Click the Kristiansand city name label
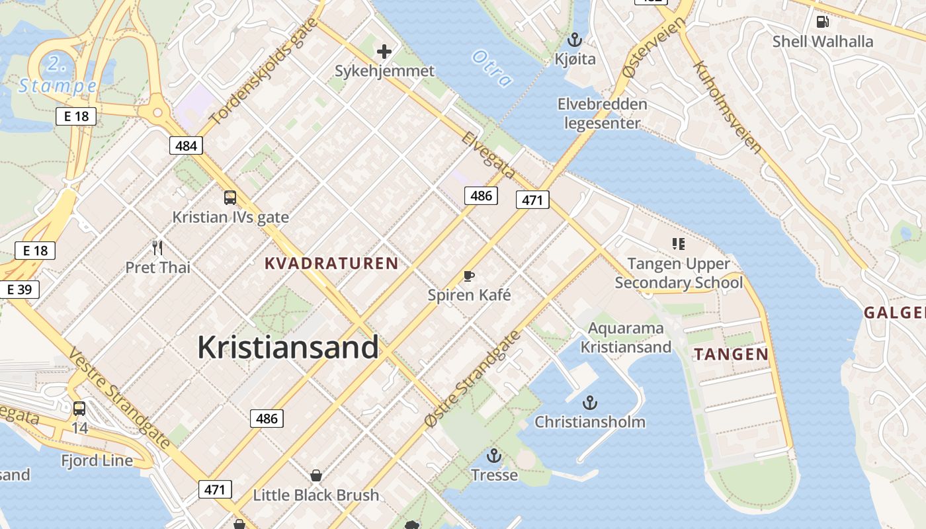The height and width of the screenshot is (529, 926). tap(288, 347)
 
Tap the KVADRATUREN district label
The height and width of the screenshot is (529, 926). tap(331, 263)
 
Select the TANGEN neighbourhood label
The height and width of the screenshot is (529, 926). tap(731, 354)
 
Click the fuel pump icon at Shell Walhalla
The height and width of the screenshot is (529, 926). tap(823, 21)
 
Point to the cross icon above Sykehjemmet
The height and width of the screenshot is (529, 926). tap(384, 51)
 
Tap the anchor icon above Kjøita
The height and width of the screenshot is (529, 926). tap(575, 40)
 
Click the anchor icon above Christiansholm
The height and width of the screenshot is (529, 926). tap(589, 402)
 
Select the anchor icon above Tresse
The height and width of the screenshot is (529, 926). tap(494, 456)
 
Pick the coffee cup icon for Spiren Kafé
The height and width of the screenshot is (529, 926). tap(469, 276)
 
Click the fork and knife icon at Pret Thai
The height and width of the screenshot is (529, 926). tap(157, 248)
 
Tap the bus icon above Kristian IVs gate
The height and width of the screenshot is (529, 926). tap(230, 197)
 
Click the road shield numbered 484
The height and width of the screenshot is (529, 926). tap(186, 145)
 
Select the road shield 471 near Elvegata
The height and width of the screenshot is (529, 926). tap(532, 200)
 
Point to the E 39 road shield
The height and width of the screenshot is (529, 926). tap(19, 290)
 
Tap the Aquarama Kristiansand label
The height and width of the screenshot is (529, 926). tap(626, 337)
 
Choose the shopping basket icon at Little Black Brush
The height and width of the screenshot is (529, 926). tap(316, 475)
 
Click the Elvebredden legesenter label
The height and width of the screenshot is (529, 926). tap(602, 113)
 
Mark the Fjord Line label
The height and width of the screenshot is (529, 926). tap(97, 460)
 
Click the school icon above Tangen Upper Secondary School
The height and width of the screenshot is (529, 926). tap(678, 244)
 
